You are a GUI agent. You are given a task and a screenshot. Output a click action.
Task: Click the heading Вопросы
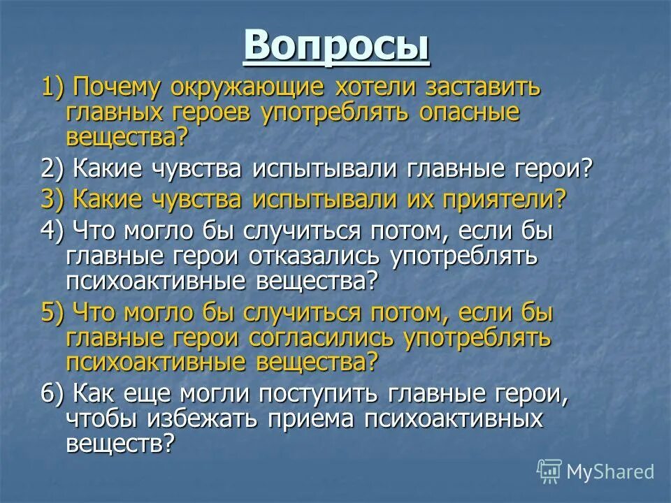336,47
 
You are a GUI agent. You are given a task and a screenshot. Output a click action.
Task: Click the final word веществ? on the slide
120,443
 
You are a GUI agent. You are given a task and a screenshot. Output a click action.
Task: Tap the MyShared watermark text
610,471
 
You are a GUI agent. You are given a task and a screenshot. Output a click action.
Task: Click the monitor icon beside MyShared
549,472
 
